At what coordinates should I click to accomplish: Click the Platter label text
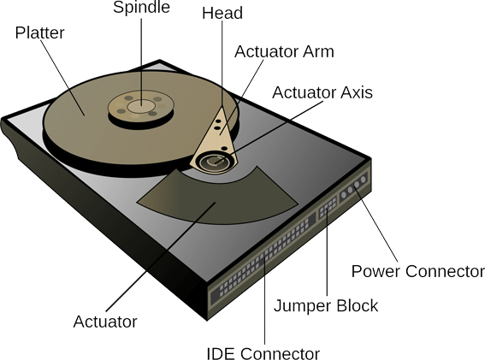pyautogui.click(x=39, y=32)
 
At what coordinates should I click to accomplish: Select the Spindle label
pyautogui.click(x=141, y=7)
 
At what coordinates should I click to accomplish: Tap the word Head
pyautogui.click(x=222, y=14)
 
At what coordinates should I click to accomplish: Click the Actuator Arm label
pyautogui.click(x=284, y=51)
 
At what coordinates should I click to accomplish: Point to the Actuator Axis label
pyautogui.click(x=322, y=92)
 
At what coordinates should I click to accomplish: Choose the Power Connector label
pyautogui.click(x=418, y=271)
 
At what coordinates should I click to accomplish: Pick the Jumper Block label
pyautogui.click(x=326, y=305)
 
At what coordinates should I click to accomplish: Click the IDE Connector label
pyautogui.click(x=263, y=353)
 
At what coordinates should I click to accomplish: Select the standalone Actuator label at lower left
pyautogui.click(x=105, y=322)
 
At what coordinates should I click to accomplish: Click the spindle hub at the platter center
pyautogui.click(x=141, y=106)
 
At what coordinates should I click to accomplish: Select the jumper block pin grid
pyautogui.click(x=328, y=206)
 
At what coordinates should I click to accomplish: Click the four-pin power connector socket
pyautogui.click(x=353, y=186)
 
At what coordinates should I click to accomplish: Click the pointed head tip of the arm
pyautogui.click(x=222, y=107)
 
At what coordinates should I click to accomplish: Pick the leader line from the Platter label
pyautogui.click(x=62, y=78)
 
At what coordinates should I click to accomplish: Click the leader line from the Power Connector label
pyautogui.click(x=376, y=222)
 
